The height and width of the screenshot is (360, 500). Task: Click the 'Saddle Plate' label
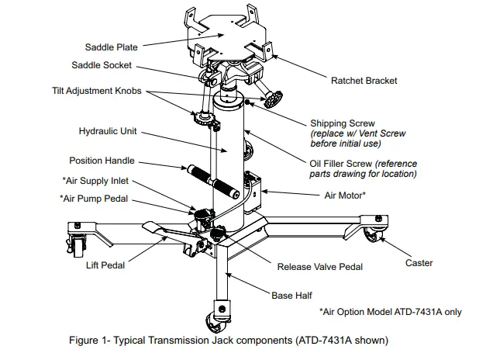click(x=112, y=48)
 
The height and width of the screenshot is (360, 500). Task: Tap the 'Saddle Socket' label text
click(x=102, y=65)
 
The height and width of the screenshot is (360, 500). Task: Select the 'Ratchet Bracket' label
click(x=364, y=80)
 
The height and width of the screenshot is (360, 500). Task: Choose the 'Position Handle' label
click(x=102, y=161)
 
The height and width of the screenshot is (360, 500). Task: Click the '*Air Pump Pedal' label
click(x=94, y=198)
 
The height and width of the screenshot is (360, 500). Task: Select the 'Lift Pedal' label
click(x=105, y=264)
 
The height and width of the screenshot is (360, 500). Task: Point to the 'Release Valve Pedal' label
click(x=319, y=267)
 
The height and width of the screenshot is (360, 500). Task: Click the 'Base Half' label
click(x=291, y=296)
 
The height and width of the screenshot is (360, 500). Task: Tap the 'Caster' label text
click(x=419, y=263)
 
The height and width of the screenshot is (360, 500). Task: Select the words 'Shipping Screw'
click(x=342, y=123)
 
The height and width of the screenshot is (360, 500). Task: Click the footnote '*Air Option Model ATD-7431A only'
click(x=390, y=312)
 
